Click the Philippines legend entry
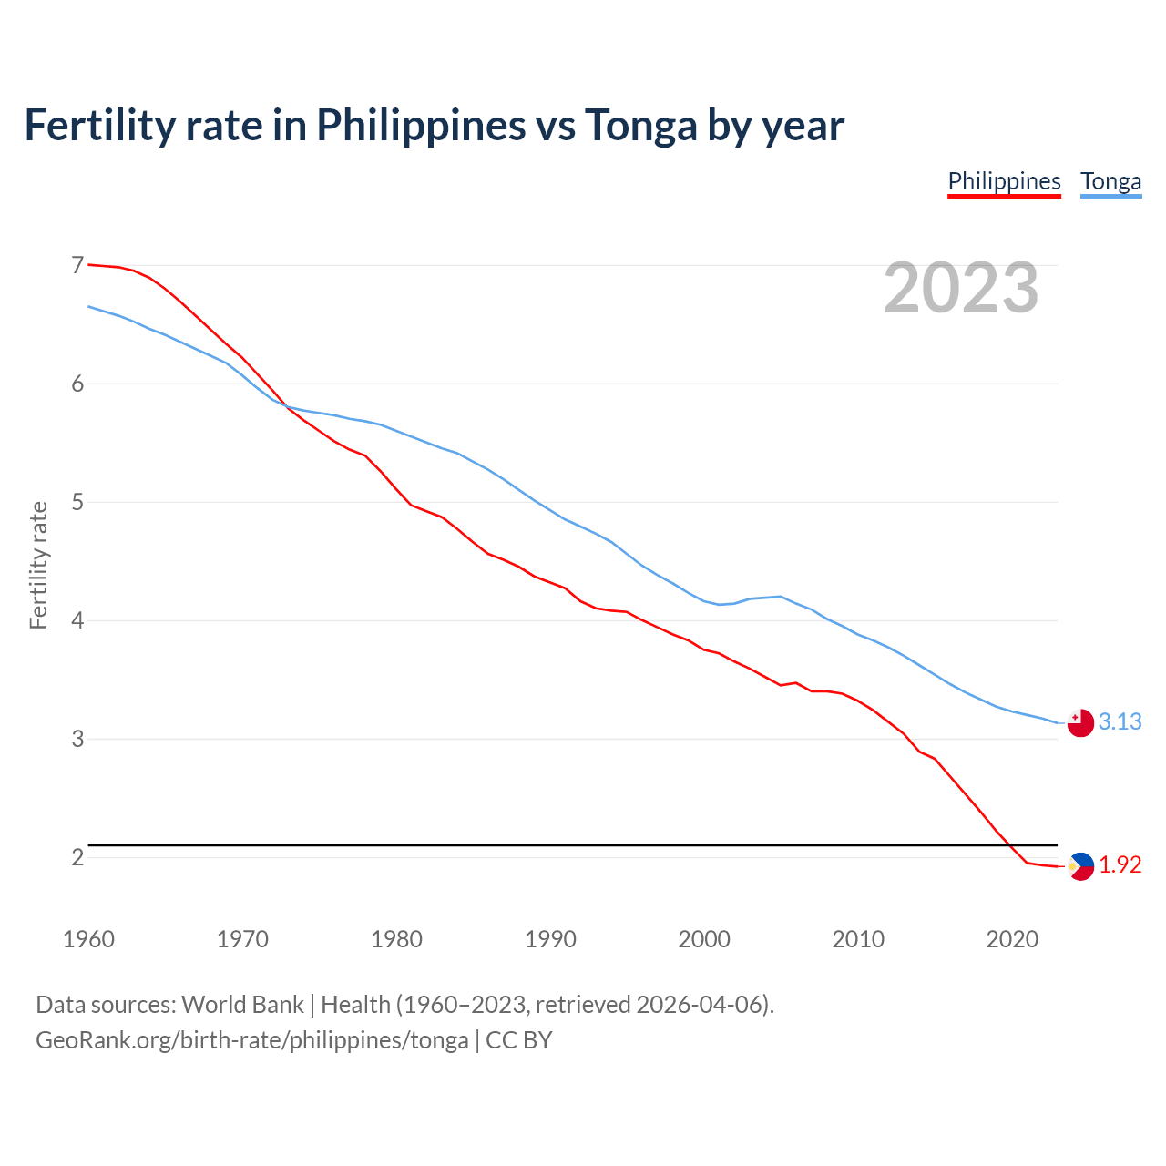click(x=1004, y=182)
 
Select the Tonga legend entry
click(x=1110, y=182)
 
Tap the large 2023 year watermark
click(x=961, y=288)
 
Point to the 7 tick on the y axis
click(x=77, y=265)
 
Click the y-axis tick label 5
click(x=77, y=502)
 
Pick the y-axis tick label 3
click(x=77, y=739)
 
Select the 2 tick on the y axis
click(x=77, y=857)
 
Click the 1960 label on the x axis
click(x=88, y=939)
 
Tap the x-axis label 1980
click(x=396, y=939)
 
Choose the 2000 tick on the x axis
click(x=704, y=939)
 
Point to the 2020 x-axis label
click(x=1012, y=939)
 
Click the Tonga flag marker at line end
click(x=1080, y=723)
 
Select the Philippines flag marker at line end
click(x=1080, y=866)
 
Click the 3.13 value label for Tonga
click(x=1120, y=721)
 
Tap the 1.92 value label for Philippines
click(x=1120, y=864)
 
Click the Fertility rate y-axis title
click(x=38, y=565)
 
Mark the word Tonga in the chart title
click(x=640, y=125)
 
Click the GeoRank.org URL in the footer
click(x=251, y=1040)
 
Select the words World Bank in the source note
click(x=242, y=1005)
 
